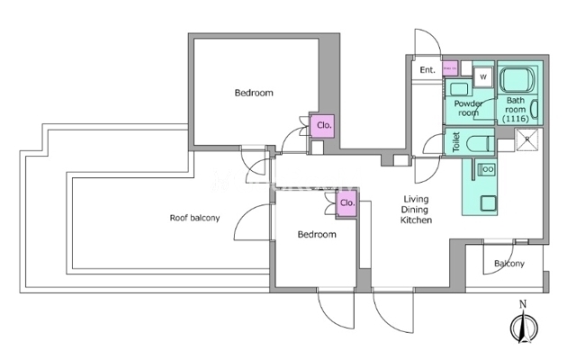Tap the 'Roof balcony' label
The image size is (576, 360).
[194, 218]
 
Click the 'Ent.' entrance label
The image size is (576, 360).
[427, 70]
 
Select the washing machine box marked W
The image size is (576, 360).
[483, 77]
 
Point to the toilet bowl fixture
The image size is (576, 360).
[479, 143]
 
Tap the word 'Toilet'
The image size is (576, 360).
[456, 142]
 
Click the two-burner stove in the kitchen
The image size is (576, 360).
[487, 169]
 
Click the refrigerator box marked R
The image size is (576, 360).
[527, 139]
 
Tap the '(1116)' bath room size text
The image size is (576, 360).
[516, 119]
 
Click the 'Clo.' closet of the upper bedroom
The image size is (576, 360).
[323, 126]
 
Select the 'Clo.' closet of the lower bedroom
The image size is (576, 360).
[347, 203]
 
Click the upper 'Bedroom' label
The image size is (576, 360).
[254, 93]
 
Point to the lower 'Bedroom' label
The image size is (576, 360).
[317, 234]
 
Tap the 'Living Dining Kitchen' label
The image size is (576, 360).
[416, 210]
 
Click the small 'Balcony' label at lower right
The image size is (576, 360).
[509, 264]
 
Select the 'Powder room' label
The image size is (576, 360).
[468, 108]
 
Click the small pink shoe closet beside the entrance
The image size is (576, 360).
[450, 68]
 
